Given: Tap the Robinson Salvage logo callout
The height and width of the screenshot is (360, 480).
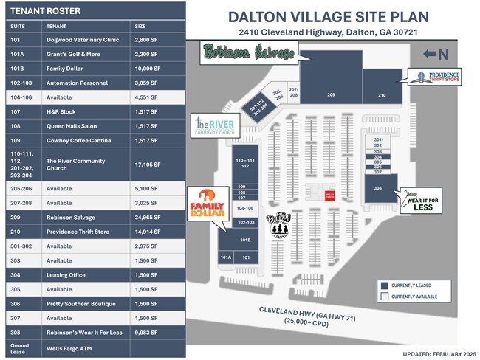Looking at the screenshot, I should (247, 51).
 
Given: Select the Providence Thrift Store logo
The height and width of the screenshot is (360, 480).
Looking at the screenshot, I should (436, 77).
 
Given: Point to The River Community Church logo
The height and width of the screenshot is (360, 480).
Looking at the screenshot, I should (214, 126).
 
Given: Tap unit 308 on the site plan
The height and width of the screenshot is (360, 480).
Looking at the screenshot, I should (378, 188).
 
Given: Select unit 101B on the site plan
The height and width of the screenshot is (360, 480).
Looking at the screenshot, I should (244, 240).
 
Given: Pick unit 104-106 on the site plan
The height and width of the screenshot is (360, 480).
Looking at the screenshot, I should (244, 209).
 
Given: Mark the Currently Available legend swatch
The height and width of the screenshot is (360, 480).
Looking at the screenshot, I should (385, 297).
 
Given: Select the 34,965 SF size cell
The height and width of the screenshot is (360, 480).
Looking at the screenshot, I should (145, 218).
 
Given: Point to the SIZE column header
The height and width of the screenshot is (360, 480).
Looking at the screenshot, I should (140, 26).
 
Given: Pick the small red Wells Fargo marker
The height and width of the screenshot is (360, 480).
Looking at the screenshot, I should (330, 195).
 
